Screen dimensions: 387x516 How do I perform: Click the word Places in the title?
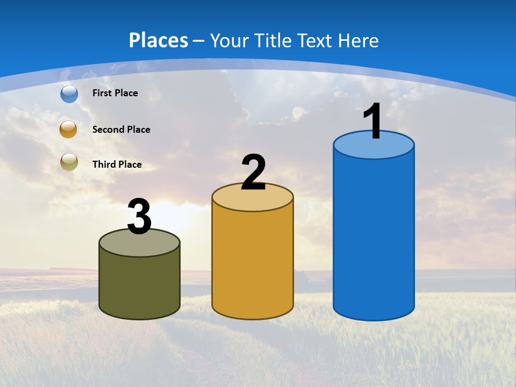(159, 40)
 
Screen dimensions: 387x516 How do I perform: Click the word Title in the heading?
(272, 40)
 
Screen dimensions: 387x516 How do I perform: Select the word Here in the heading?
(360, 40)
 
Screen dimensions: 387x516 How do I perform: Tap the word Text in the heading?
(317, 40)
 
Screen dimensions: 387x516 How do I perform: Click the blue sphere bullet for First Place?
(69, 94)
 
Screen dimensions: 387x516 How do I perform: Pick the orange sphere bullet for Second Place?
(68, 130)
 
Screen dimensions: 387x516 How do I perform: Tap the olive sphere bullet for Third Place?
(69, 162)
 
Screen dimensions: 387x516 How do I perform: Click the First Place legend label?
(115, 93)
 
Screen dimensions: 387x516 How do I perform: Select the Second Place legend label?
(121, 130)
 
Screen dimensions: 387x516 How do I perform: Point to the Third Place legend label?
(117, 164)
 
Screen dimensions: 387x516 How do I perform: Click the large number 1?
(373, 121)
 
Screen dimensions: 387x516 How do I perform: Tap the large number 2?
(253, 173)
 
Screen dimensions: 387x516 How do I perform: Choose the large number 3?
(140, 217)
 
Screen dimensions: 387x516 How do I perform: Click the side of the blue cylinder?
(374, 236)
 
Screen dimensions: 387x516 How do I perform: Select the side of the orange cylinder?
(253, 263)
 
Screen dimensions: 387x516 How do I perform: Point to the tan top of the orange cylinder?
(253, 200)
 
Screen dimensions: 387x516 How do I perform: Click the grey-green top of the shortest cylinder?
(140, 245)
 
